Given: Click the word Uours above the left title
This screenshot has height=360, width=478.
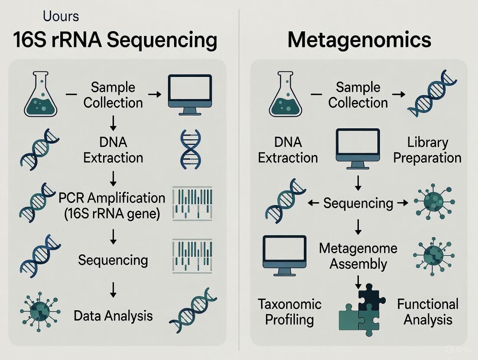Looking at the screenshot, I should pyautogui.click(x=61, y=16).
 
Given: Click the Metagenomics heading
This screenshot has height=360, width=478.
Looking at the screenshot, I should pyautogui.click(x=359, y=40).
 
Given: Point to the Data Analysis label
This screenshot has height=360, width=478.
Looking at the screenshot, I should pyautogui.click(x=113, y=315).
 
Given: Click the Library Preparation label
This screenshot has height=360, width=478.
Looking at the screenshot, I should pyautogui.click(x=427, y=150).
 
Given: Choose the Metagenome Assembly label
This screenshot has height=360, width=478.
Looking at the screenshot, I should pyautogui.click(x=358, y=256).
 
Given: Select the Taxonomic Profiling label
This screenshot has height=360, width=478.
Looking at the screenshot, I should pyautogui.click(x=289, y=312).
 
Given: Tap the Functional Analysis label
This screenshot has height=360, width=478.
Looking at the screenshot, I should pyautogui.click(x=427, y=312).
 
